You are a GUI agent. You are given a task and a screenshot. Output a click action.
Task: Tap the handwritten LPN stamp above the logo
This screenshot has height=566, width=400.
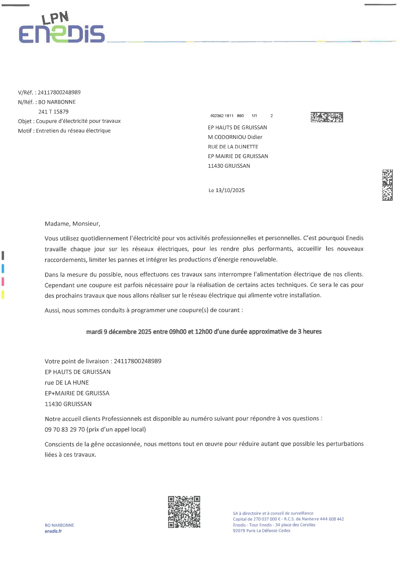pos(55,18)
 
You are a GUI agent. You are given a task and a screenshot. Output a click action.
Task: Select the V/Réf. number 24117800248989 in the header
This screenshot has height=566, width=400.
pos(59,92)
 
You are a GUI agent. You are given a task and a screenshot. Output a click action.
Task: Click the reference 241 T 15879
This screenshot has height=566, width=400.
pos(53,112)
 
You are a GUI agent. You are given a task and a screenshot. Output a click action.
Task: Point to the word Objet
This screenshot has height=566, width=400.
pos(25,121)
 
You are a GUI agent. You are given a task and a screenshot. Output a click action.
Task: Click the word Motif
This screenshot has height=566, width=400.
pos(25,131)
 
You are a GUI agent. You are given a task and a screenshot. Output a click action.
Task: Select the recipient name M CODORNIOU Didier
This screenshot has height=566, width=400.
pos(235,137)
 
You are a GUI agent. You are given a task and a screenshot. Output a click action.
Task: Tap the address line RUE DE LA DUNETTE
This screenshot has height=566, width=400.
pos(233,147)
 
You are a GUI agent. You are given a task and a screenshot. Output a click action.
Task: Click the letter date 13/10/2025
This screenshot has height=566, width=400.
pos(230,190)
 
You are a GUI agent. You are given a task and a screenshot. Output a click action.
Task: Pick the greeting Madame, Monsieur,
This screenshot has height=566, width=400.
pos(72,224)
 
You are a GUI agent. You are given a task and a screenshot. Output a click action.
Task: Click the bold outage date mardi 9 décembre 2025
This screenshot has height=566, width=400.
pos(119,332)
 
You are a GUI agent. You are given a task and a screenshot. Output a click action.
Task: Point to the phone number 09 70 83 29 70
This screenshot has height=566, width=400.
pos(65,430)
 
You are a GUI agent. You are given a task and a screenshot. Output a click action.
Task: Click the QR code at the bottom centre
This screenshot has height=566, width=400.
pos(184,512)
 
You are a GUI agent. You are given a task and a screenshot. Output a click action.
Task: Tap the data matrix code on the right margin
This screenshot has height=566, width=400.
pos(387,185)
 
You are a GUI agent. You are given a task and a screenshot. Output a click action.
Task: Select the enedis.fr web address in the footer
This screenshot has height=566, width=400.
pos(53,531)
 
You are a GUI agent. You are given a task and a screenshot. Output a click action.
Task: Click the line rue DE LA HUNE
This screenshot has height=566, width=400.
pos(67,383)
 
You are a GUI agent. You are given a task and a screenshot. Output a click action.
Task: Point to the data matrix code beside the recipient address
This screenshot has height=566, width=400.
pos(326,117)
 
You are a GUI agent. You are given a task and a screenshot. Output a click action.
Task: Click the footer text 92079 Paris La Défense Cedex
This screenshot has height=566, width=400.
pos(261,531)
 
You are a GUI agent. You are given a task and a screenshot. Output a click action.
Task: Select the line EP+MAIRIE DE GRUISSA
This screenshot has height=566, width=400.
pos(77,393)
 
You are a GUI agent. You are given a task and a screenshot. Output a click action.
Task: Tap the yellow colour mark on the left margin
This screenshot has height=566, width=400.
pos(3,294)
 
